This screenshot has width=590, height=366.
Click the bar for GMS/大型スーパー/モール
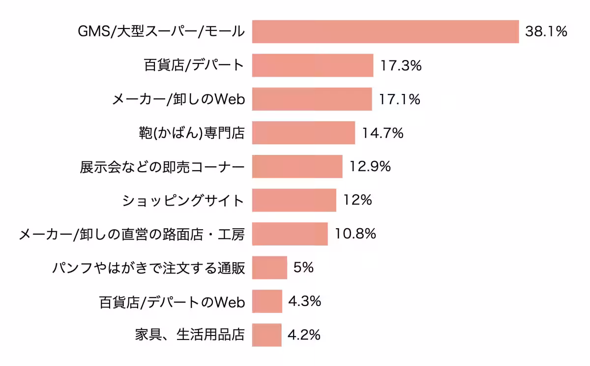385,32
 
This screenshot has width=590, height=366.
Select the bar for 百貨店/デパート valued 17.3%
313,65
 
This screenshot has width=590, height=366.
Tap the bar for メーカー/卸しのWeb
312,99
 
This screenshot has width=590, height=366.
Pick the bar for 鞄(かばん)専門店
303,133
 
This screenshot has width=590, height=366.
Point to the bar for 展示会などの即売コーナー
297,166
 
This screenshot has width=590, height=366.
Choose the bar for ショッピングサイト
294,200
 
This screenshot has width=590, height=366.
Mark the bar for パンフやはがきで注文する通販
269,268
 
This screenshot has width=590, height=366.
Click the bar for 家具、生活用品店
266,335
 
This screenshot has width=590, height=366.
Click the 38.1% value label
546,32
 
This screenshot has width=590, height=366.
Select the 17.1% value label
399,99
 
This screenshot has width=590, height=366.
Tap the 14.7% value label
383,133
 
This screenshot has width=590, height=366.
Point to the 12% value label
357,200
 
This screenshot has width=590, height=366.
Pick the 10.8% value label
355,234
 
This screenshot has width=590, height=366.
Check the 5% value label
303,268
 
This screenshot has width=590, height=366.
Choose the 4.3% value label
304,301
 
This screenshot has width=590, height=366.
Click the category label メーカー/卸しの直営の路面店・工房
131,234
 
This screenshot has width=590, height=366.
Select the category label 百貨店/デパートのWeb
172,302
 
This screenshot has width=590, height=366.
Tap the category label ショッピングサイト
183,201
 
